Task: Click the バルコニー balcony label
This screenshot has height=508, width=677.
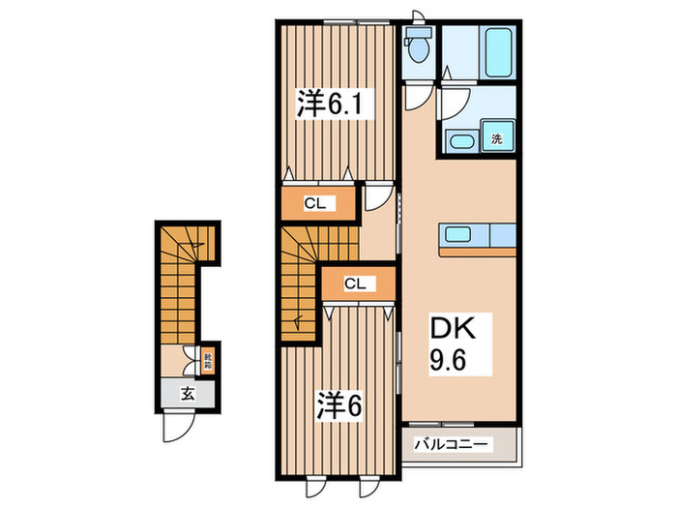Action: pos(454,444)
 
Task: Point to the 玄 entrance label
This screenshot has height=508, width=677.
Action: pos(187,393)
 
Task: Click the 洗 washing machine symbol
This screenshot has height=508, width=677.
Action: pos(496,138)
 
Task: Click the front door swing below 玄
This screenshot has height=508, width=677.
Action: pos(175,424)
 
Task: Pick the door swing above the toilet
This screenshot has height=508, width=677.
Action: pos(417,14)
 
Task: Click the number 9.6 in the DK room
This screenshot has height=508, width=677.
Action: pos(448,362)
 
